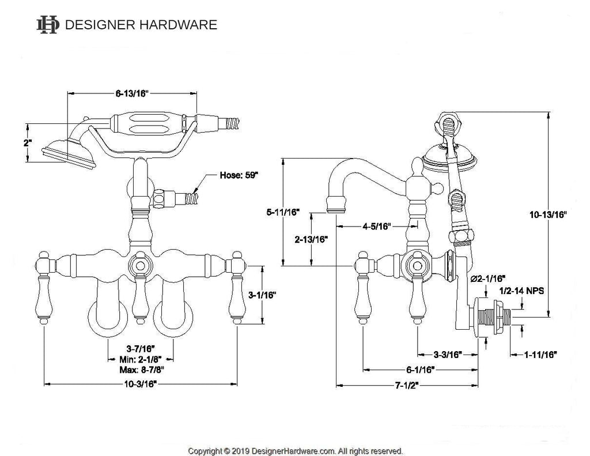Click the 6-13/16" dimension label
[133, 92]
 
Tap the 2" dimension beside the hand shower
[27, 142]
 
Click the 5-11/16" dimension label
[282, 212]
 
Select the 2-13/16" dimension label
[311, 239]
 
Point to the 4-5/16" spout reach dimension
[378, 226]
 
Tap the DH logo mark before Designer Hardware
[48, 24]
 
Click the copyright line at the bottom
[296, 450]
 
